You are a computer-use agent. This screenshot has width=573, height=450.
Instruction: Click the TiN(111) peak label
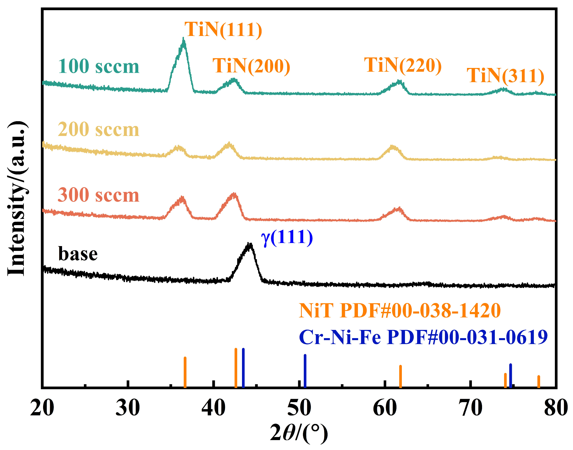click(223, 29)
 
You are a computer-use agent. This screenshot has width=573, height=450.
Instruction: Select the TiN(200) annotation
click(251, 66)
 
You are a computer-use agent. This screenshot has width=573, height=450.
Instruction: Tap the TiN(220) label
click(403, 65)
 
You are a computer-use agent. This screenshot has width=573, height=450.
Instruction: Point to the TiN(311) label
click(505, 76)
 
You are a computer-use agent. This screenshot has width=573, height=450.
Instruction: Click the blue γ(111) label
click(287, 237)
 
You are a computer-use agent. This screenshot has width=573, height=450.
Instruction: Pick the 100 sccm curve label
click(99, 67)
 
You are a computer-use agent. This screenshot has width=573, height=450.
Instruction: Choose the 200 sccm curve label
click(99, 130)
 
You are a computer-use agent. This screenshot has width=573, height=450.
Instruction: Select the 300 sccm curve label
click(99, 195)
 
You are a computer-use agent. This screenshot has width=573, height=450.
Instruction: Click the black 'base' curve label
click(78, 254)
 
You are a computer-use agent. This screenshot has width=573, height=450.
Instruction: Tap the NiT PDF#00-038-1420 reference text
click(400, 311)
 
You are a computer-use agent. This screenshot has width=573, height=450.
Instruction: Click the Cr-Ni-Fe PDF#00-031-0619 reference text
click(423, 337)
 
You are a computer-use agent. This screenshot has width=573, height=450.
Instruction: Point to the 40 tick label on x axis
click(214, 408)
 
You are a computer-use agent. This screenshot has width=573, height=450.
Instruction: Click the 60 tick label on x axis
click(385, 408)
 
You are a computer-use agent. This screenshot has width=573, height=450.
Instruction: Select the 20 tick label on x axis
click(42, 408)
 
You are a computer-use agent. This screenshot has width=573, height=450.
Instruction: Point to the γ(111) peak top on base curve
click(249, 244)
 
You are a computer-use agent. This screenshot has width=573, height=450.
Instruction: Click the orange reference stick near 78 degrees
click(538, 381)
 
